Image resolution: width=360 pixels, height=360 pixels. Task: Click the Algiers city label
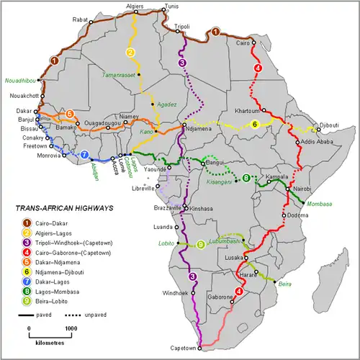pos(135,6)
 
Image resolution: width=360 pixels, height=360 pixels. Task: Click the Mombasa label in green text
pos(319,204)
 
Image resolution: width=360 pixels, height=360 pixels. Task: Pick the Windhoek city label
pos(175,294)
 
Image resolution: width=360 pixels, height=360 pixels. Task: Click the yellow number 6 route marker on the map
pos(255,125)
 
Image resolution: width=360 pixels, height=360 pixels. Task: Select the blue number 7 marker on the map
pos(84,154)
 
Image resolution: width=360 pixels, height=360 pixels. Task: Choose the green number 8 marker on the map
pos(246,179)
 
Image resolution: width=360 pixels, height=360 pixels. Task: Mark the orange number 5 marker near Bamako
pos(69,114)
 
